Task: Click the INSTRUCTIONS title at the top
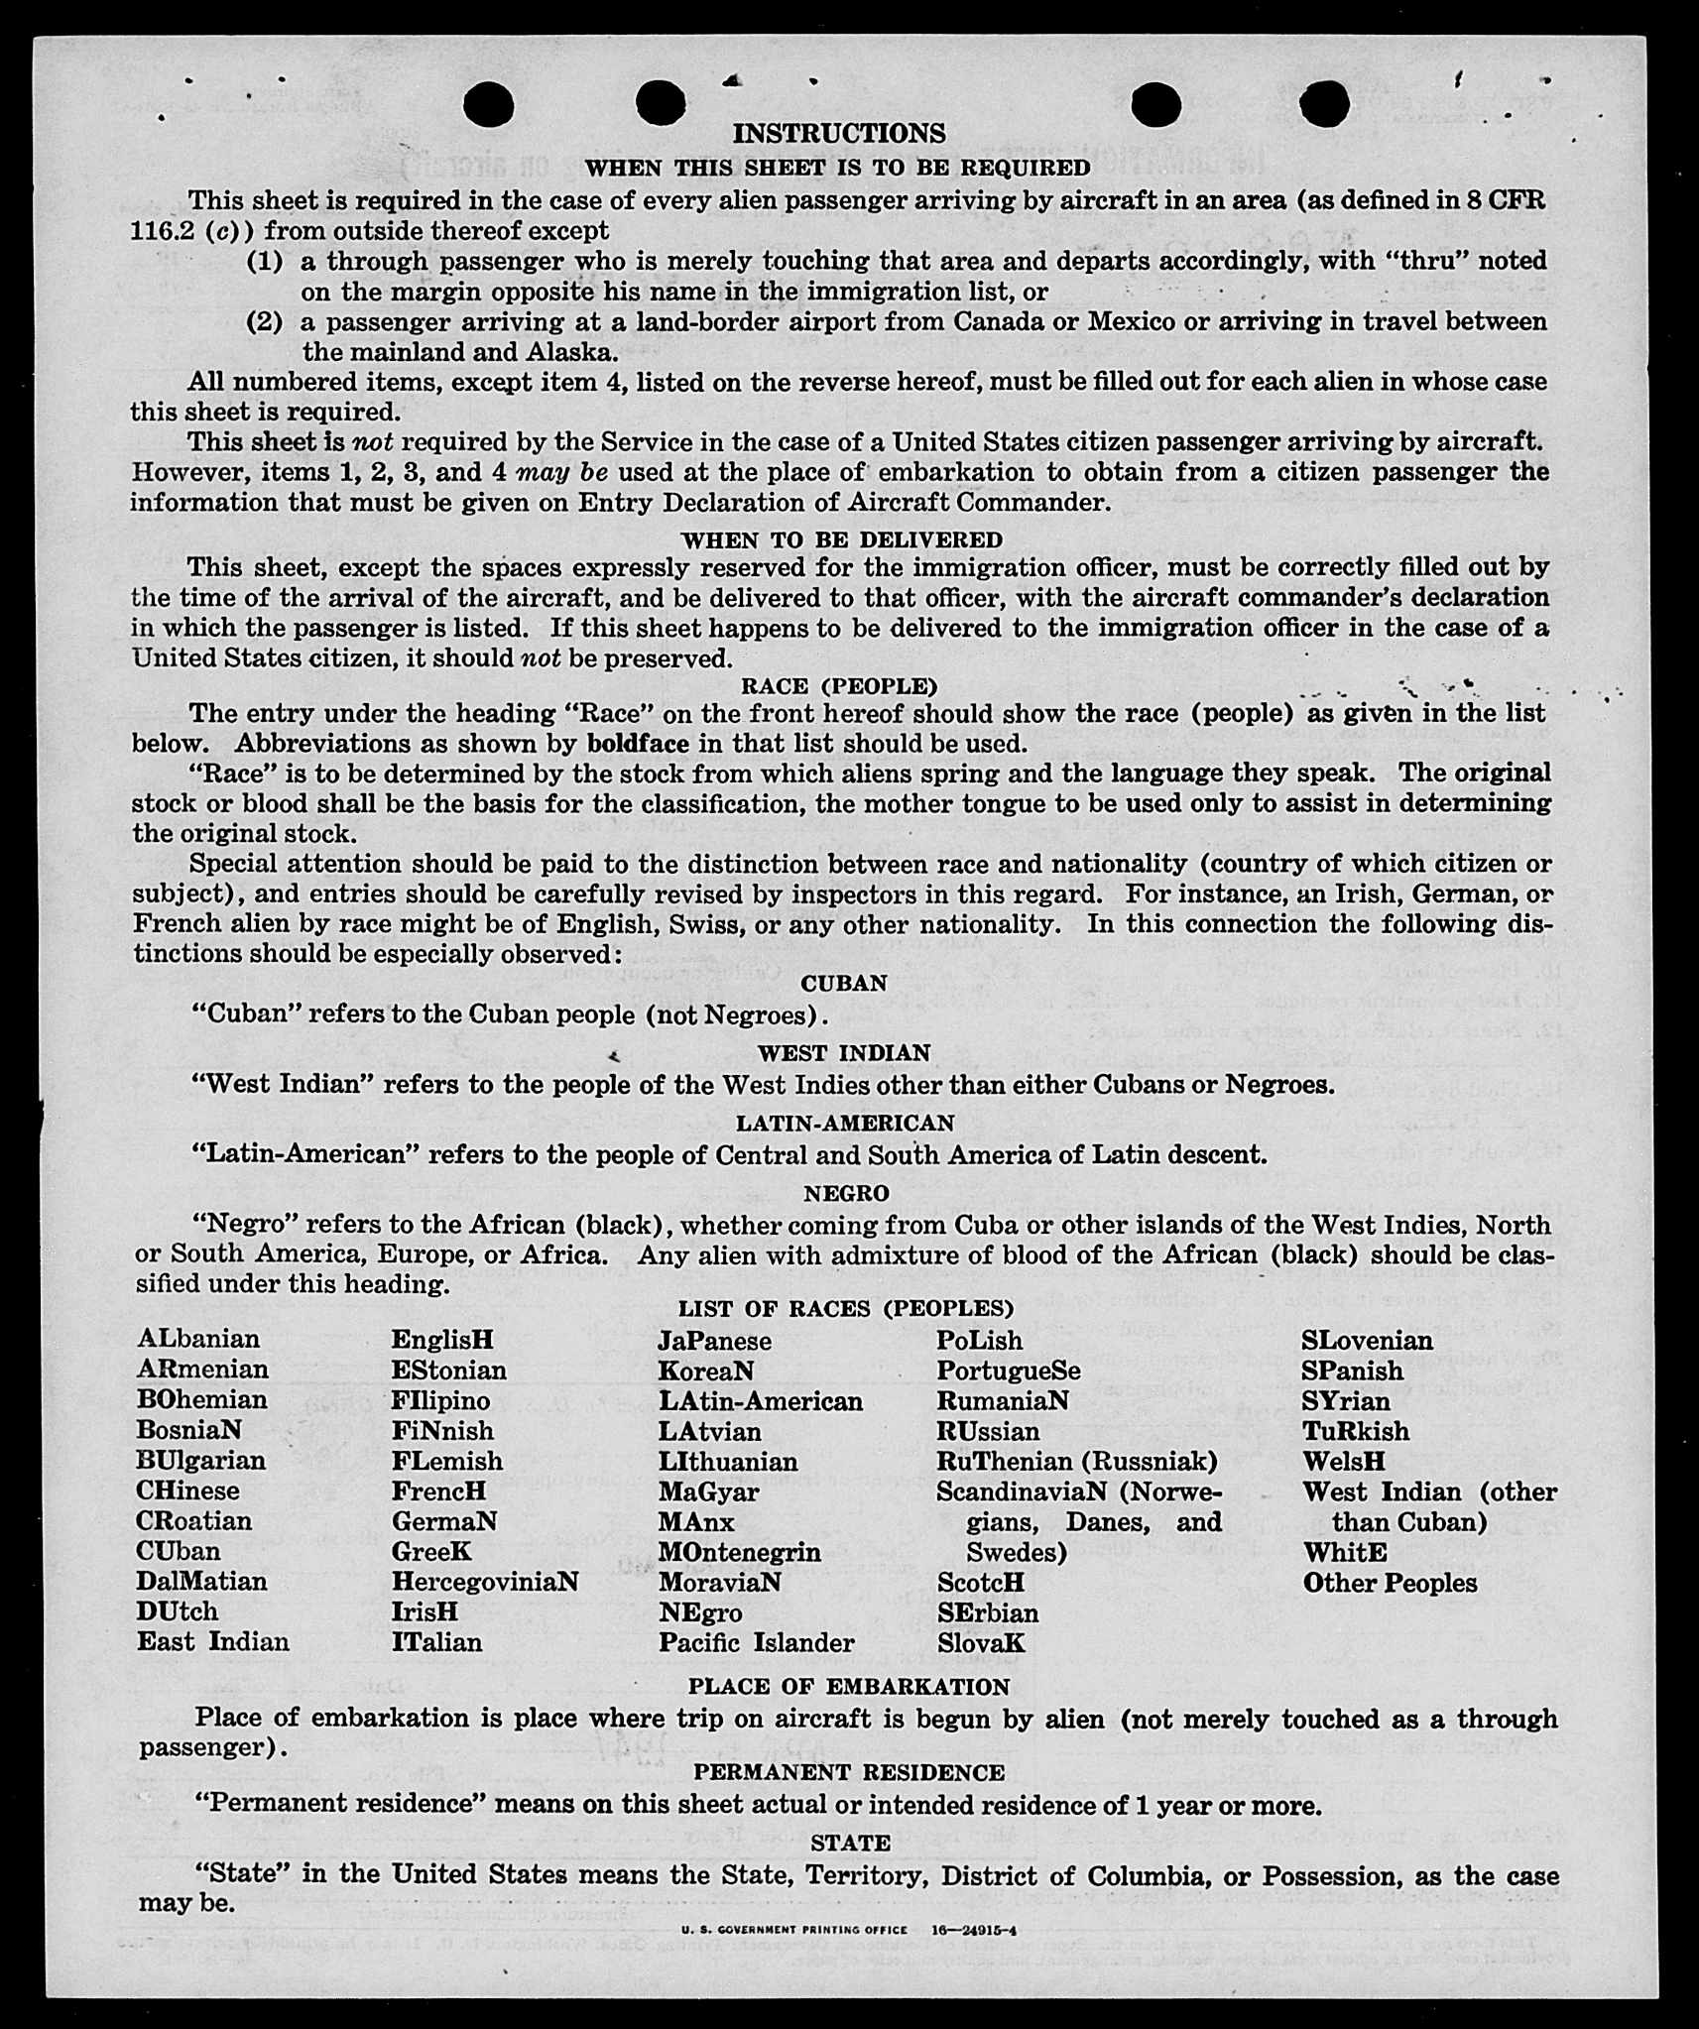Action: (x=838, y=133)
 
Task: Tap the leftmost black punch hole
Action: (x=488, y=104)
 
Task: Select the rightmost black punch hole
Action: (x=1323, y=103)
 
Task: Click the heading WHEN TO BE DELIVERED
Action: (x=841, y=539)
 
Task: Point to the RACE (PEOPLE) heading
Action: (x=839, y=685)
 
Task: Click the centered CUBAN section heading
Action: (x=844, y=983)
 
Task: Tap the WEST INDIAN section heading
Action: (x=844, y=1052)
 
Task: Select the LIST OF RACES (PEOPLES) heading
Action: (x=845, y=1308)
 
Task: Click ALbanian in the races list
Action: (x=198, y=1339)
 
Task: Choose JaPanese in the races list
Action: (x=714, y=1341)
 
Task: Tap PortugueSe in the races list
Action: (x=1008, y=1371)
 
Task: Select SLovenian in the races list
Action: (x=1367, y=1341)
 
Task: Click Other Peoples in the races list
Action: (x=1390, y=1583)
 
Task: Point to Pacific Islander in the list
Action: (x=756, y=1642)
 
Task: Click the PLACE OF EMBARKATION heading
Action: (x=848, y=1686)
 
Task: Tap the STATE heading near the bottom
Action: (x=850, y=1843)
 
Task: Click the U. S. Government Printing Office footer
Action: (x=793, y=1930)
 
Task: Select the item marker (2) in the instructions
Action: (x=264, y=321)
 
